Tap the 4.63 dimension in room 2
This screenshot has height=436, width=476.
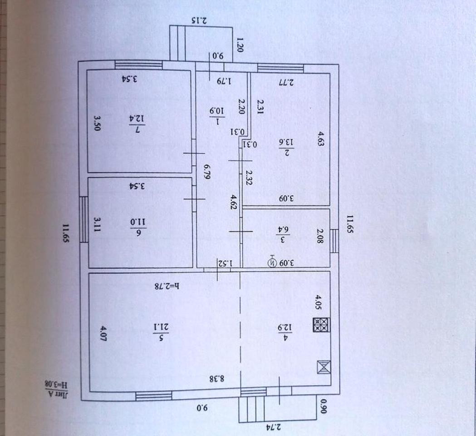321,138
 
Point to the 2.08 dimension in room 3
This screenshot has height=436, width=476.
321,236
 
